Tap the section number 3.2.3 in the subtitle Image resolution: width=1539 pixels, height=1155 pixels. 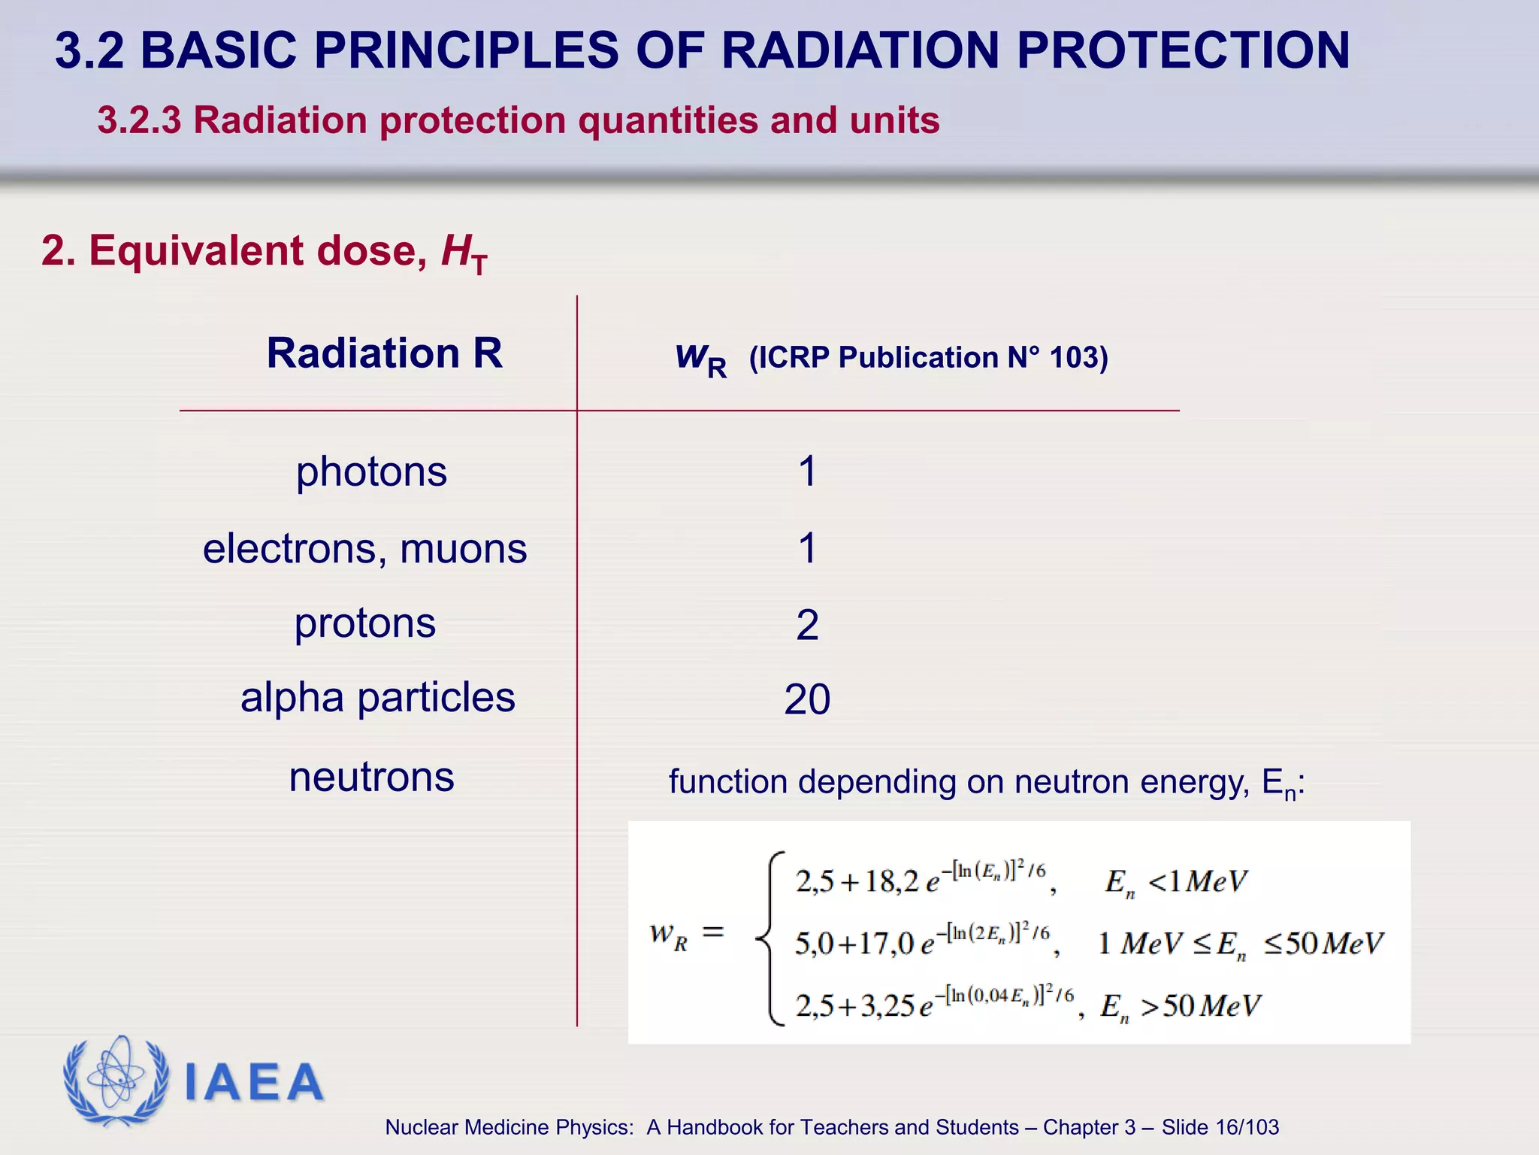(x=139, y=121)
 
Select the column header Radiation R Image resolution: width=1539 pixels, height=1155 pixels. (x=384, y=353)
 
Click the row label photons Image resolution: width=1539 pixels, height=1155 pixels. (x=371, y=472)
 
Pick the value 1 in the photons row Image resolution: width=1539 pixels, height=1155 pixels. (x=807, y=472)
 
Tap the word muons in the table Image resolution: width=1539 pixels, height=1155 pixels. (x=463, y=548)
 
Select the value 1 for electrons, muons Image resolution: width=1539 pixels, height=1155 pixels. (x=807, y=548)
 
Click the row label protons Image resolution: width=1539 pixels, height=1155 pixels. (x=364, y=623)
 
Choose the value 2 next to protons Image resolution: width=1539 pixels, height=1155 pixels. (x=807, y=625)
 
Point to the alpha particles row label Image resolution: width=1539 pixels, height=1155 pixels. (x=377, y=698)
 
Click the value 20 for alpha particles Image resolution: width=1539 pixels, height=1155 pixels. (x=807, y=700)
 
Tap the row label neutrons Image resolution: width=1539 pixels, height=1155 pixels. (x=371, y=777)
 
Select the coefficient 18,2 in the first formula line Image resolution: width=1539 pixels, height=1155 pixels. (x=891, y=881)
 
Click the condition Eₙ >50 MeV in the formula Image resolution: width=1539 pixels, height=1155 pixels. (x=1180, y=1006)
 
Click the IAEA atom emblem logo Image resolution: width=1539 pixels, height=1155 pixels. (x=116, y=1080)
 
